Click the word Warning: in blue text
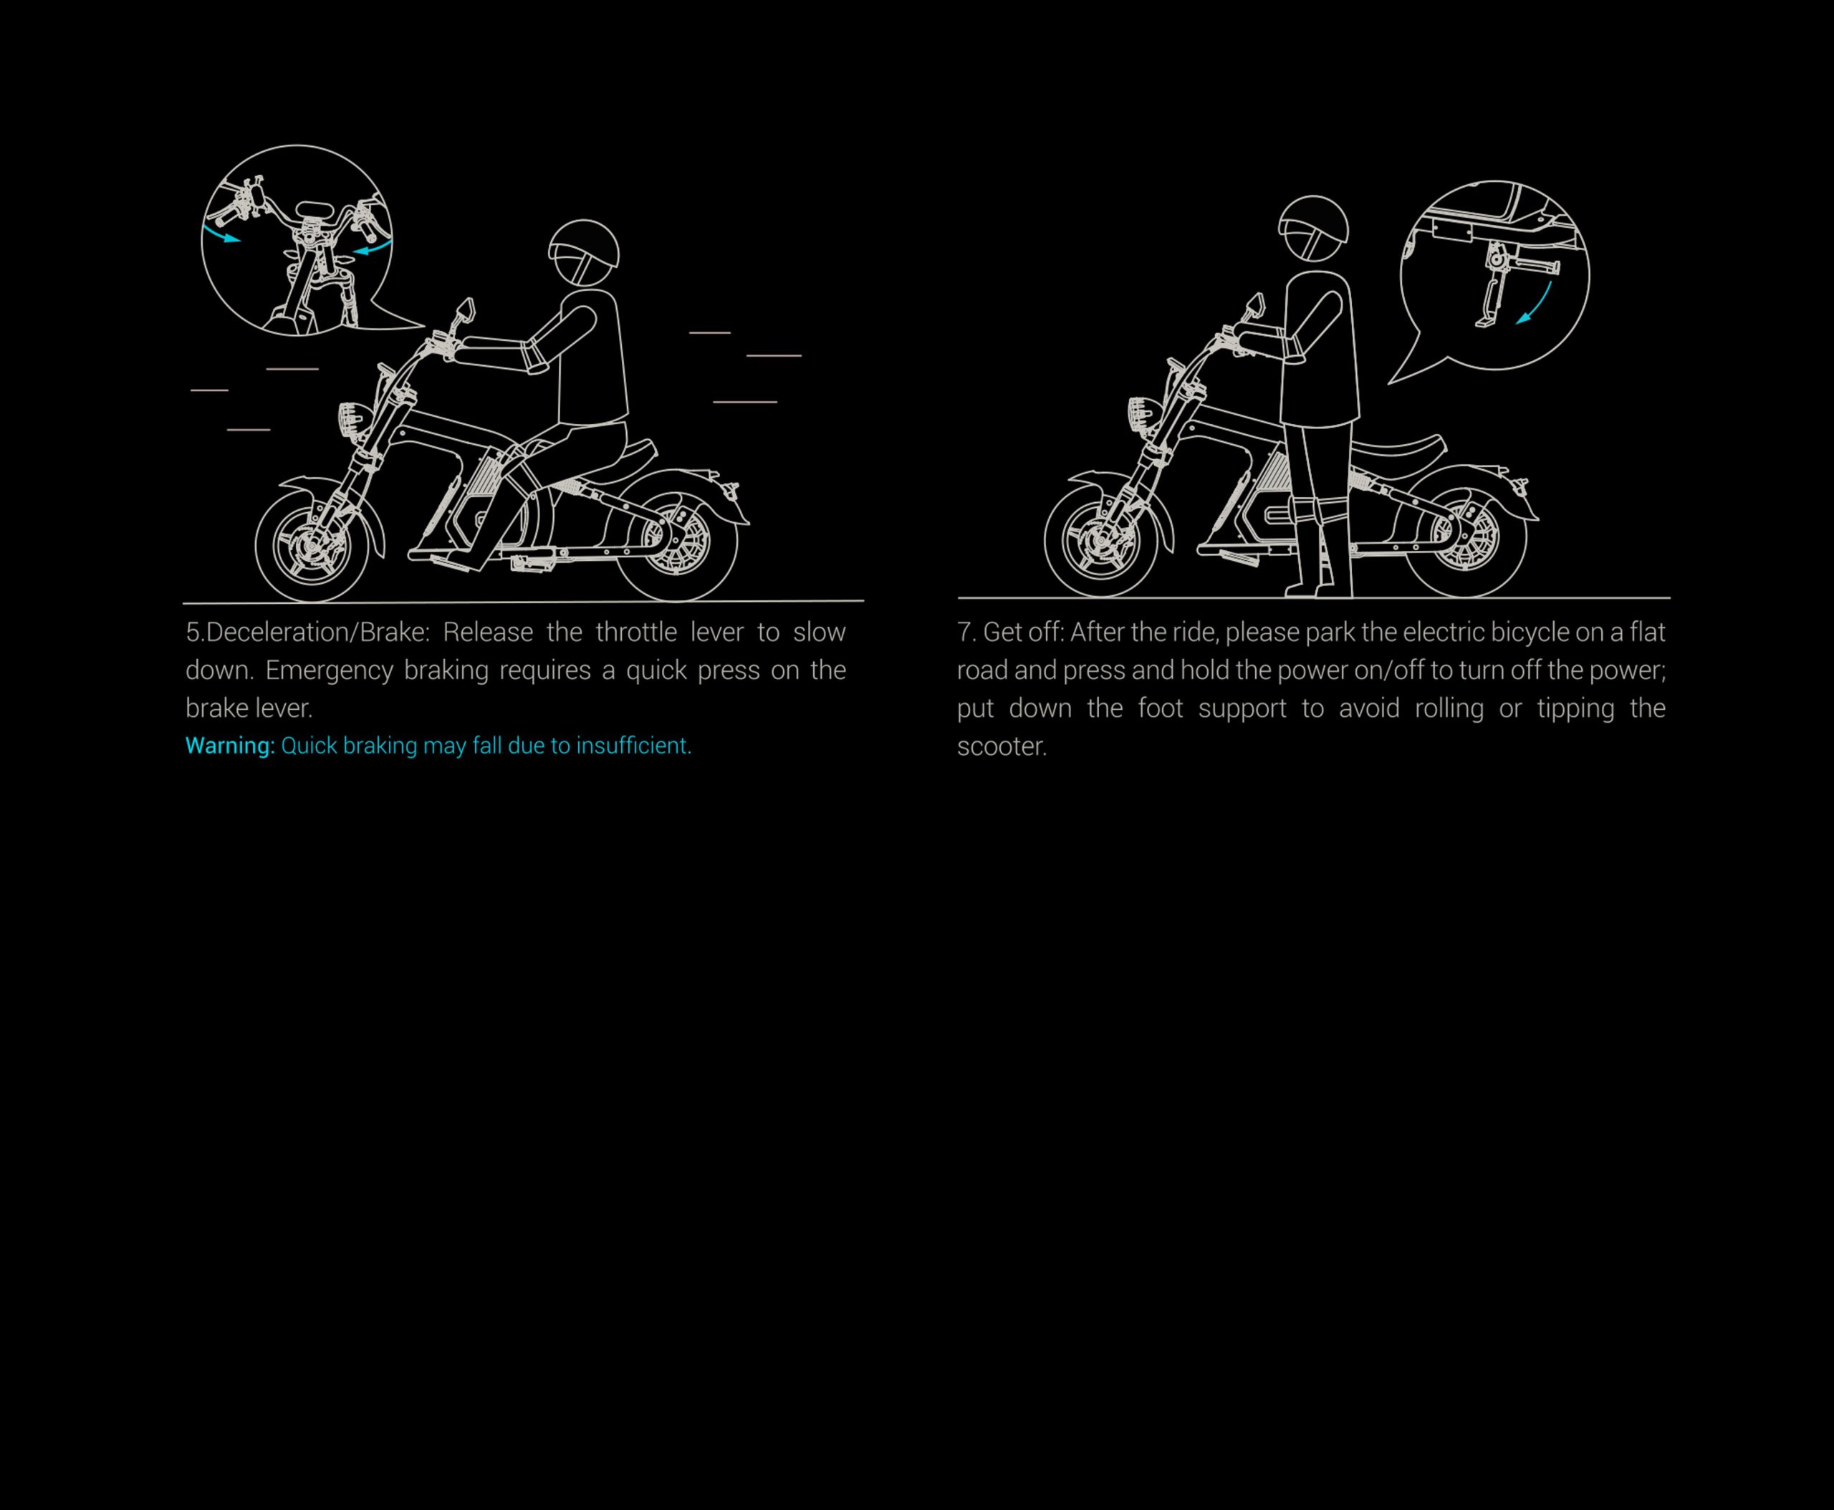[x=230, y=746]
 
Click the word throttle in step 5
[x=636, y=633]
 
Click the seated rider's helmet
[x=584, y=252]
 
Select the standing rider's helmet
[x=1313, y=229]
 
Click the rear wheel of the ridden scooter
[x=676, y=541]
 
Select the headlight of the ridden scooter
[x=350, y=420]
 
